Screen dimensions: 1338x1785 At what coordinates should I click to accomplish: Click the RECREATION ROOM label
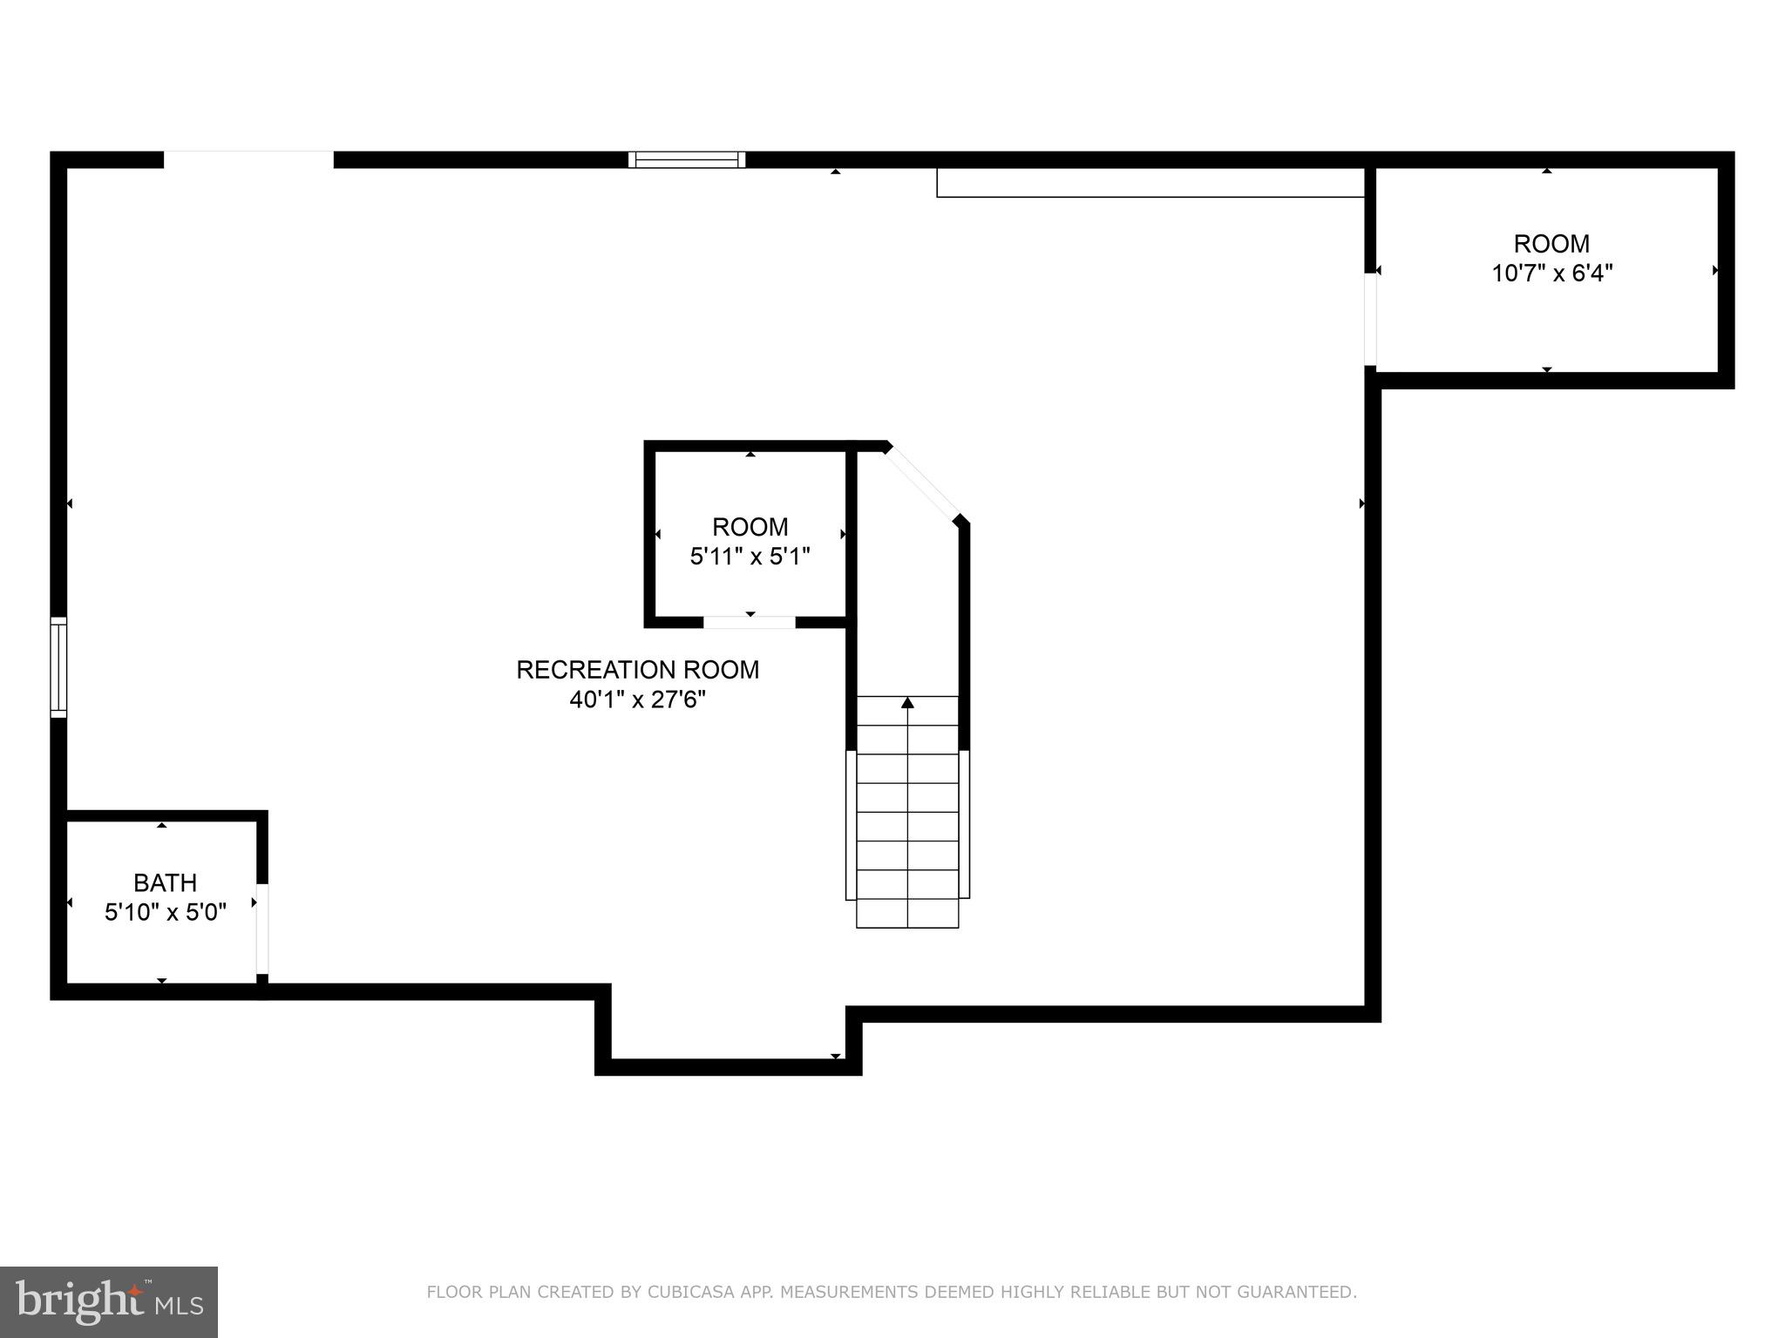pos(637,670)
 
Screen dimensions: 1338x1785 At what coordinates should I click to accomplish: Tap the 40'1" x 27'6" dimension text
pos(637,699)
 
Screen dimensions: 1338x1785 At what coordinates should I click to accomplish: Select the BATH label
pos(165,882)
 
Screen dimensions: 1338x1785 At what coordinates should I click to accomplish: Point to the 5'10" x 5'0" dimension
pos(166,912)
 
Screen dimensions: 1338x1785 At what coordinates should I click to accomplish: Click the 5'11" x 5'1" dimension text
pos(750,556)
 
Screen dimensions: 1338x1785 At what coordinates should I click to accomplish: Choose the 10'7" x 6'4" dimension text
pos(1551,273)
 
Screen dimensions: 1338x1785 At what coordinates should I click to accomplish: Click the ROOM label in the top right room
pos(1551,243)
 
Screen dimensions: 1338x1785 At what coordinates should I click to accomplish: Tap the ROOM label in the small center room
pos(750,526)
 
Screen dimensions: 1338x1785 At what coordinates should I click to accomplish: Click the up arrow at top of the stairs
pos(907,702)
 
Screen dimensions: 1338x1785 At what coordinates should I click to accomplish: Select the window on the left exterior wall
pos(58,666)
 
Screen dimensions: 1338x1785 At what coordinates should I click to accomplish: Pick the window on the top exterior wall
pos(687,159)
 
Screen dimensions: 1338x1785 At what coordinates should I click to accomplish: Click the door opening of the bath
pos(261,929)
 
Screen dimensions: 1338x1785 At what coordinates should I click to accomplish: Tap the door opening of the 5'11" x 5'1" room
pos(750,622)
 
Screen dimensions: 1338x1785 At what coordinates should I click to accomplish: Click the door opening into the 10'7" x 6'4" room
pos(1369,320)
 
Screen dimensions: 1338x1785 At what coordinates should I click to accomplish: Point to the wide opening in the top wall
pos(248,159)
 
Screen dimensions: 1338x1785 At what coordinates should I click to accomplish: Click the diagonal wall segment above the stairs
pos(924,483)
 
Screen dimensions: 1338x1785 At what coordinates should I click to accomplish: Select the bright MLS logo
pos(109,1301)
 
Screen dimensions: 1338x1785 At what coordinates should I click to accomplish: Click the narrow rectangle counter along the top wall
pos(1150,182)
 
